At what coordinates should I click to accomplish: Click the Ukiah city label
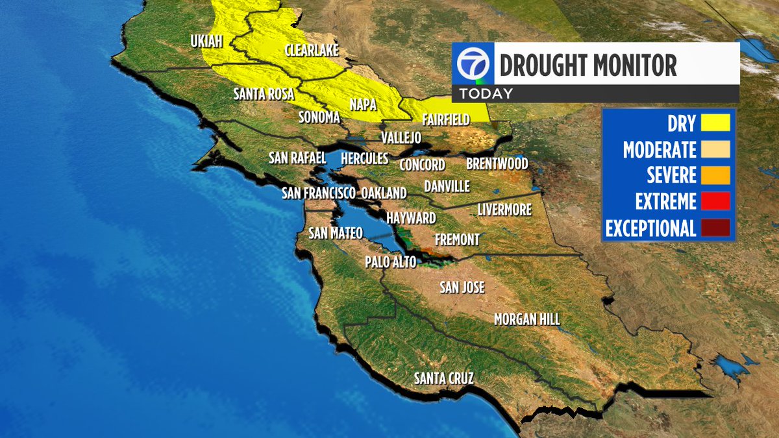click(x=206, y=42)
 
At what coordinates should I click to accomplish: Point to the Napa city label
click(x=364, y=104)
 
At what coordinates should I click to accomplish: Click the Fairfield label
click(x=446, y=120)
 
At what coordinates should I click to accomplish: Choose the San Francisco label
click(x=319, y=193)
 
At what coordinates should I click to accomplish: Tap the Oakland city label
click(x=384, y=193)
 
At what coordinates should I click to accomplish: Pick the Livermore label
click(x=504, y=210)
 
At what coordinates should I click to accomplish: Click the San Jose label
click(x=462, y=287)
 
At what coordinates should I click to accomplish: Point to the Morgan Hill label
click(x=526, y=319)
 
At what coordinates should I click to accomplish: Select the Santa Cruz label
click(x=445, y=378)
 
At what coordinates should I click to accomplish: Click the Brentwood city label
click(x=497, y=164)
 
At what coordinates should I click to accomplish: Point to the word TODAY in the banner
click(x=487, y=93)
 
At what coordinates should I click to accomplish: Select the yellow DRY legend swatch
click(x=715, y=123)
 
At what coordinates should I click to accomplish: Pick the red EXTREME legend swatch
click(x=715, y=202)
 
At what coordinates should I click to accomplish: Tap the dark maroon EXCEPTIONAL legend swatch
click(x=715, y=228)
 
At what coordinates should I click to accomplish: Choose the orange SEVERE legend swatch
click(x=715, y=175)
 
